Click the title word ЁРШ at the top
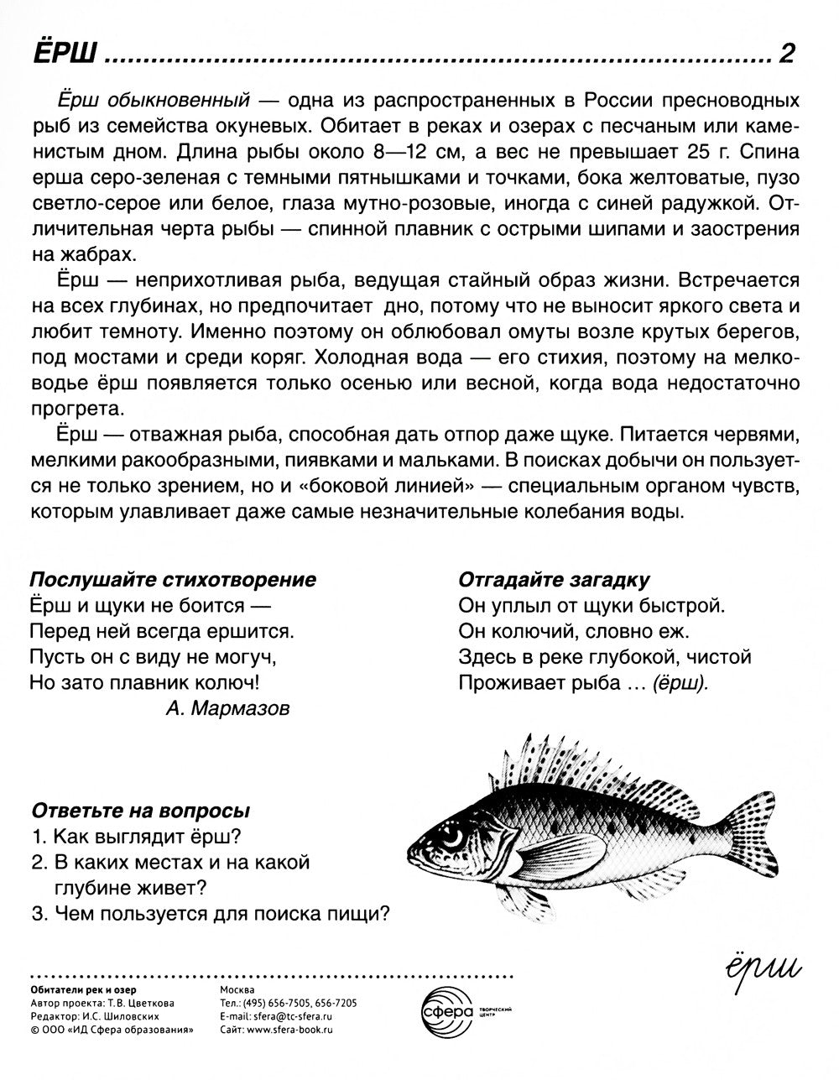(63, 55)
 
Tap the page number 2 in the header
(786, 55)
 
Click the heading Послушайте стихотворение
(173, 579)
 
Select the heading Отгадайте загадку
(554, 579)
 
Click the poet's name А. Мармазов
(228, 708)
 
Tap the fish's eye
(453, 837)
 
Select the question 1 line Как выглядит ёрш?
(136, 837)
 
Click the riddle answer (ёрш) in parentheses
(675, 683)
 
